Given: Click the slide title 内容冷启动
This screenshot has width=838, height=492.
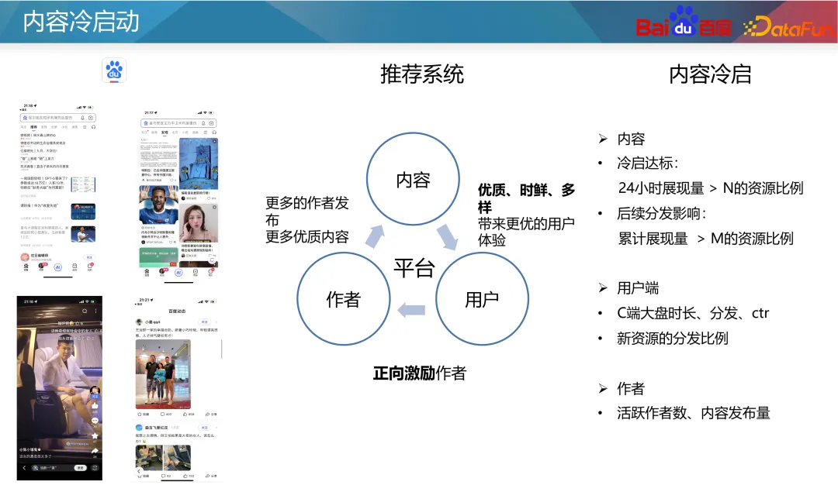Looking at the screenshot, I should [81, 22].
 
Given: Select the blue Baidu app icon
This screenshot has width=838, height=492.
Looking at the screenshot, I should [115, 71].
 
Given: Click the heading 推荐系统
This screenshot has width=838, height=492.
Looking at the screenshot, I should [421, 74].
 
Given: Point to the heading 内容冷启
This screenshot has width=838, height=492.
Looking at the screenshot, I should [710, 74].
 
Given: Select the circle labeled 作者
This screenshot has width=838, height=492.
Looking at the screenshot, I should [343, 299].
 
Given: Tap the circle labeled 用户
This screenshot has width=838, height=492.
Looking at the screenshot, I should [481, 299].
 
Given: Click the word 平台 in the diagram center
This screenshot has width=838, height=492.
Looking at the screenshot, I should [414, 268].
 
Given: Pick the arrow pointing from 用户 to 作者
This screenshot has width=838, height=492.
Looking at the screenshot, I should [411, 311].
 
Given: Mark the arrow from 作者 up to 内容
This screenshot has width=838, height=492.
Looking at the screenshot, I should [376, 236].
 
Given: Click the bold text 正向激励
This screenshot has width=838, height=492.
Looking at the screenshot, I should [403, 373].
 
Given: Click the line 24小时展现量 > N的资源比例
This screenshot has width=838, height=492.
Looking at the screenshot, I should [710, 188].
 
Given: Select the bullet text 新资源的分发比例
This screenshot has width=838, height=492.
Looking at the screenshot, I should [673, 339].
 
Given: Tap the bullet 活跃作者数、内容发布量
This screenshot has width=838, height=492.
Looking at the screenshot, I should [694, 413].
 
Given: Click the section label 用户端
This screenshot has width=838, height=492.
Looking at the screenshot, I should [638, 288].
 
